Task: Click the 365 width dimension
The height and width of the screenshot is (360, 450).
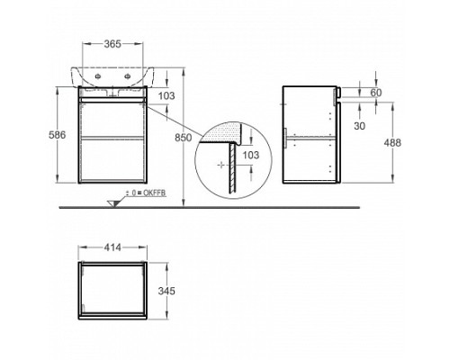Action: point(112,44)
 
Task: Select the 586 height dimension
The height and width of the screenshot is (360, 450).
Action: point(57,135)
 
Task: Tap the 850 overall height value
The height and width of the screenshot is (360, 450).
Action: point(183,138)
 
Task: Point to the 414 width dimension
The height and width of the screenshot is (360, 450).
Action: point(112,247)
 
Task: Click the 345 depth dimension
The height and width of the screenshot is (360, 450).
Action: point(166,291)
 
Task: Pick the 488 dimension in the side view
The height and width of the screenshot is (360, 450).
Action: point(392,143)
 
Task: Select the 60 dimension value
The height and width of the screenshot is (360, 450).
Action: point(376,93)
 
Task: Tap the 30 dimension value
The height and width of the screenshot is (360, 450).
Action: point(359,126)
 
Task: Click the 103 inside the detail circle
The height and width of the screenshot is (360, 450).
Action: point(250,155)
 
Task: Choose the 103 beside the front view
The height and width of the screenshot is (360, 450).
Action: point(166,96)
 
